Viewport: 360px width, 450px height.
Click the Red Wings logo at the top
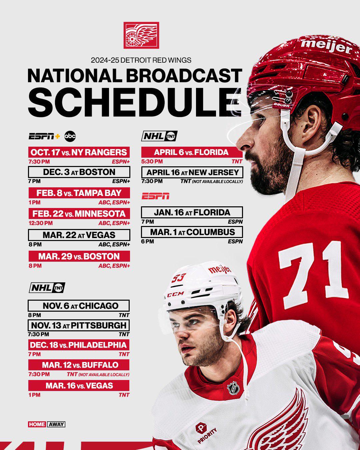click(x=141, y=35)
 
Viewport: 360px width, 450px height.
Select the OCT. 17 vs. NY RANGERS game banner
click(x=79, y=153)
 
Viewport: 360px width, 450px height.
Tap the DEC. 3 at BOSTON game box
click(x=79, y=172)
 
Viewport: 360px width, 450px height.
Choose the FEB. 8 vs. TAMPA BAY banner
click(x=79, y=193)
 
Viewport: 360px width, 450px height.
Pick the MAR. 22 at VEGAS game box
click(x=79, y=235)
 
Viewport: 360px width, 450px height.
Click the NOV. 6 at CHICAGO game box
click(x=79, y=306)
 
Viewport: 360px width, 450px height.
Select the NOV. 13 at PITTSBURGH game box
click(x=79, y=325)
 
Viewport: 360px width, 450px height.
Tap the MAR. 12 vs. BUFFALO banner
click(x=79, y=365)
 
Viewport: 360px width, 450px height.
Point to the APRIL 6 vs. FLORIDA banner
click(x=192, y=152)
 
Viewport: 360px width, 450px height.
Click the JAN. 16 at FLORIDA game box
click(x=192, y=212)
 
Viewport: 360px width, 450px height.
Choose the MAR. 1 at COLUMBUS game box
click(x=192, y=232)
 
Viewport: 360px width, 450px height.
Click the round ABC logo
click(x=70, y=136)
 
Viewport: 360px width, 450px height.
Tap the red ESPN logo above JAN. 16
click(x=156, y=196)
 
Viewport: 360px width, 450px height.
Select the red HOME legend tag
click(x=37, y=424)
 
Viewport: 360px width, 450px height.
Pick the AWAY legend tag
click(x=56, y=424)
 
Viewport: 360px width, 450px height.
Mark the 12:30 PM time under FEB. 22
click(x=40, y=223)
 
